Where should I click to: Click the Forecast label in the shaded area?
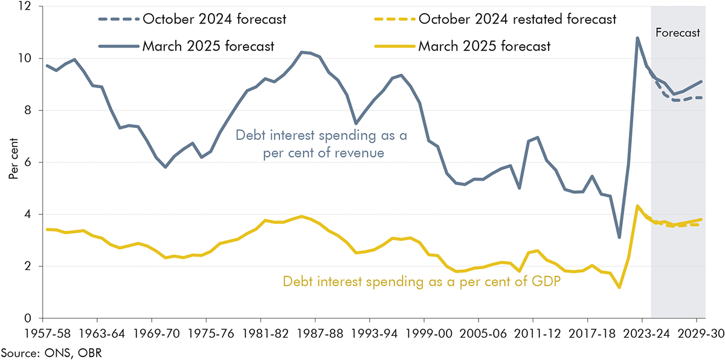678,33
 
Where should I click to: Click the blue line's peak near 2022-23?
637,38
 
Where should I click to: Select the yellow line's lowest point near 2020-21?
619,288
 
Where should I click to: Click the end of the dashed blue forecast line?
701,98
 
